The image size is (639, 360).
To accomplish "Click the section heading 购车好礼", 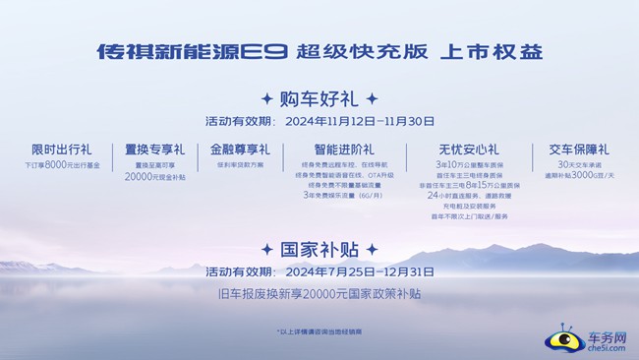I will tap(319, 99).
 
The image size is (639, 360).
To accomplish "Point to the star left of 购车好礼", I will tap(266, 99).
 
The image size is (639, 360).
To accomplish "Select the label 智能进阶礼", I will tap(330, 150).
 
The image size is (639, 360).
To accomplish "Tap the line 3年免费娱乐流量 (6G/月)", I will tap(330, 196).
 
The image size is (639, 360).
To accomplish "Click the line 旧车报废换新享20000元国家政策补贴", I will tap(319, 293).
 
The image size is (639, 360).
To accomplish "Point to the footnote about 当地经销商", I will tap(319, 332).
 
